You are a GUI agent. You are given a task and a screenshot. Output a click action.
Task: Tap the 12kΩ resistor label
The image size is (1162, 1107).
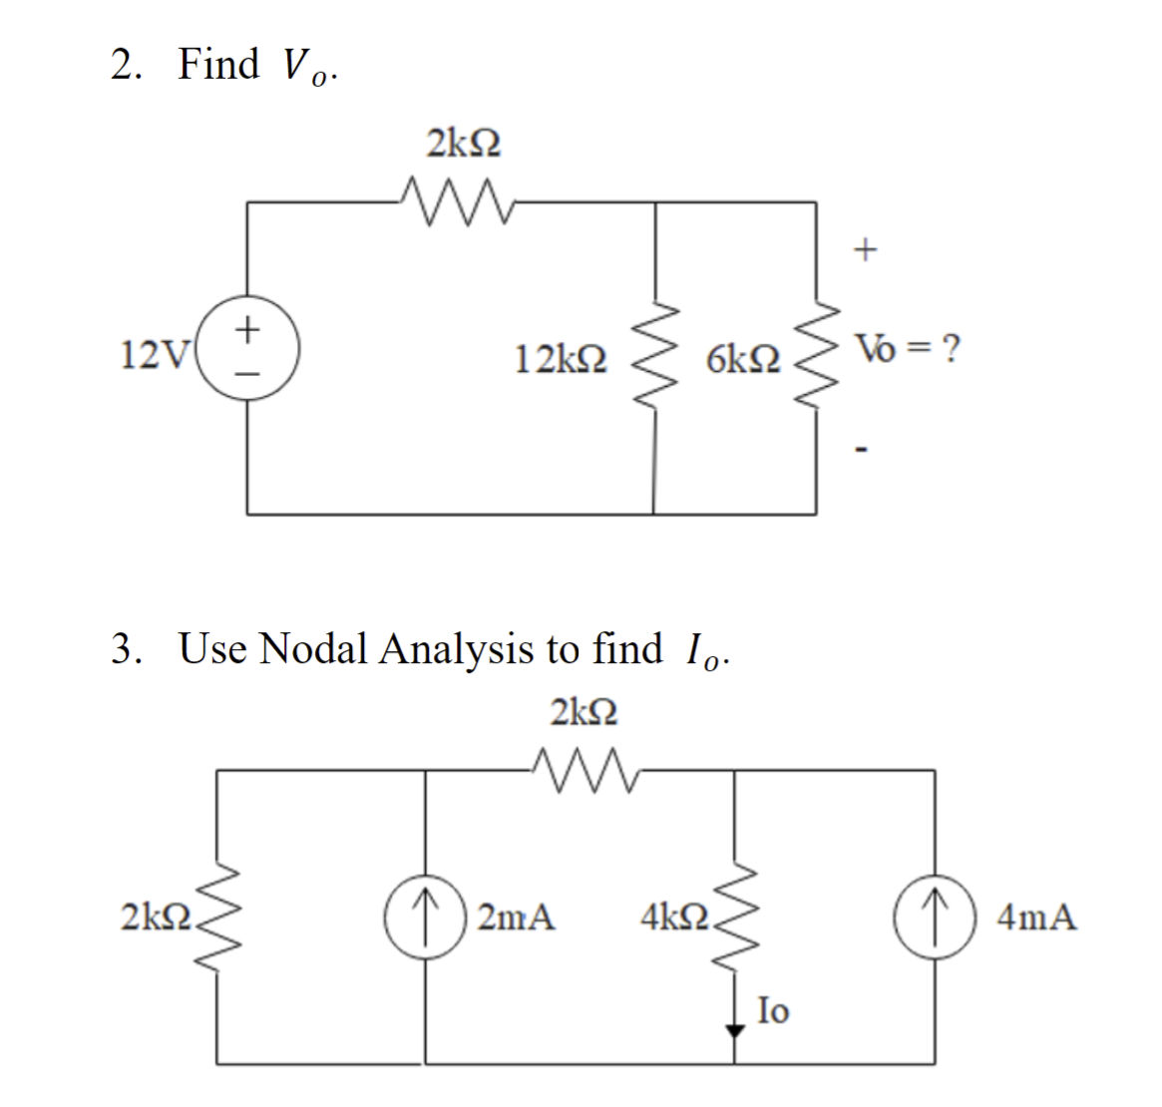[x=561, y=356]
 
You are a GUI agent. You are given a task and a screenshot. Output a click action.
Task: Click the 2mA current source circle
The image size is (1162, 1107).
[x=426, y=915]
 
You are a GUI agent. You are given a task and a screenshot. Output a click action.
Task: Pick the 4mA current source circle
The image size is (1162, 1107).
[x=935, y=915]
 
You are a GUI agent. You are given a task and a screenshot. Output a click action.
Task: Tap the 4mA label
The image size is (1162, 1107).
[x=1037, y=916]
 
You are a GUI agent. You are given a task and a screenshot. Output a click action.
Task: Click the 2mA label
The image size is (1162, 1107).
[x=516, y=916]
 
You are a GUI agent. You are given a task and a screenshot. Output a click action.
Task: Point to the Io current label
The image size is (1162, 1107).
[x=773, y=1011]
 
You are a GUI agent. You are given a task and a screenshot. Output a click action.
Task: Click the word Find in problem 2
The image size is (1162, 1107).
[x=218, y=64]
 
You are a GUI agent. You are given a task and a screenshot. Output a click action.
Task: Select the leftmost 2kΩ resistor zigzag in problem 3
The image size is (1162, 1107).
[x=219, y=915]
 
